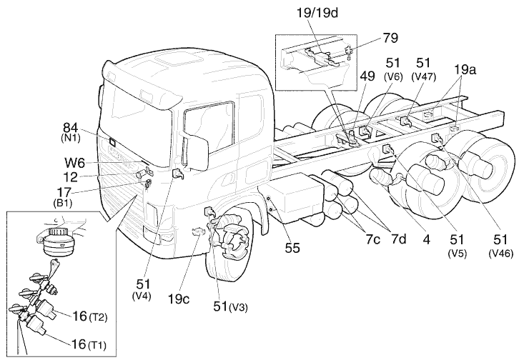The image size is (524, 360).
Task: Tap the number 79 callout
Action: pos(390,37)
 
